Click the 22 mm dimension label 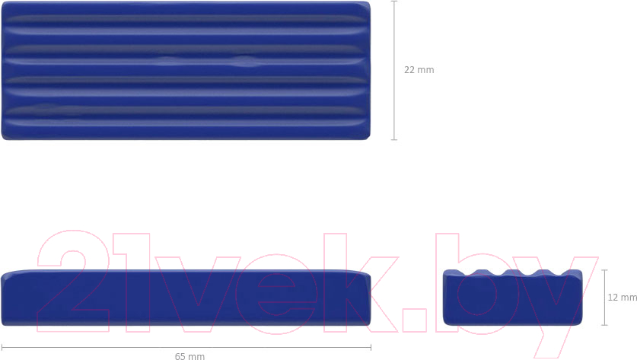(419, 70)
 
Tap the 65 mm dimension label (190, 356)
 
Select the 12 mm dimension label (622, 298)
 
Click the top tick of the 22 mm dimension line (393, 2)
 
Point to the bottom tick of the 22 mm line (393, 140)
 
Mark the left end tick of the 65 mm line (2, 347)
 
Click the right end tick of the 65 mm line (371, 347)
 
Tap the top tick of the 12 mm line (604, 269)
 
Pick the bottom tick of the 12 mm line (604, 325)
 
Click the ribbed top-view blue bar (186, 71)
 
